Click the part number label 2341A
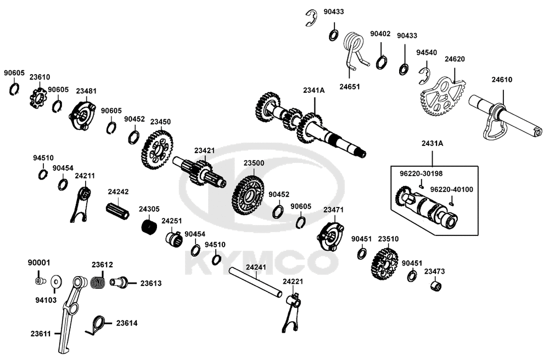[314, 91]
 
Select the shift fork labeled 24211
[81, 203]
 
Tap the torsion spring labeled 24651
[354, 52]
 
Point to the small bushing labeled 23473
[436, 286]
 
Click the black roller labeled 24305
[148, 227]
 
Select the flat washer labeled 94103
[55, 283]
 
